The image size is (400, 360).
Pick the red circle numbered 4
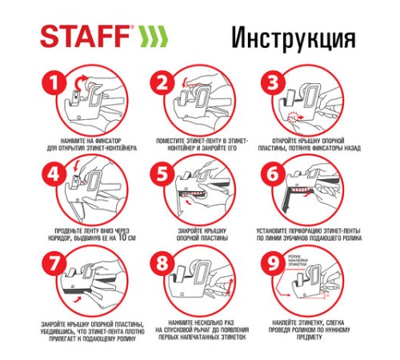54,174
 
